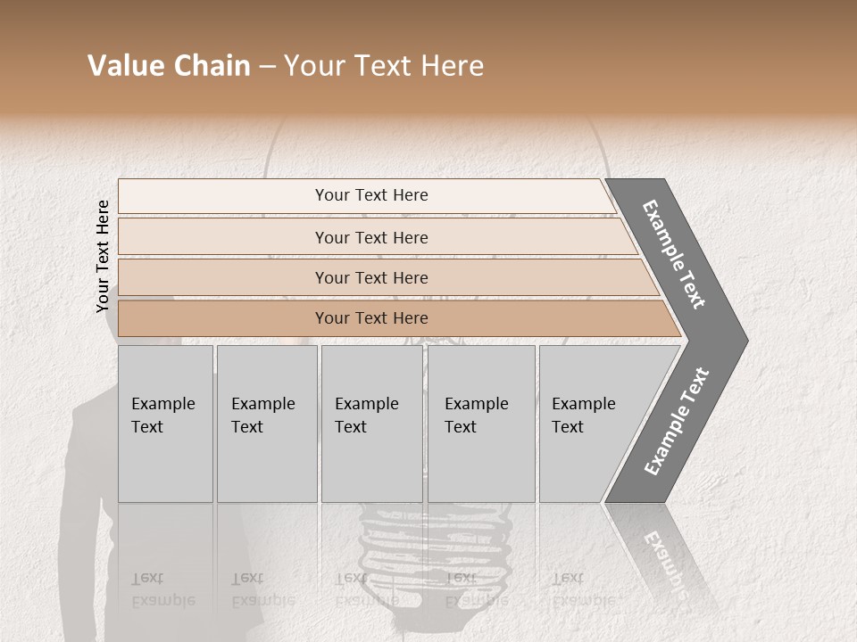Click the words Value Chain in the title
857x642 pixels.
tap(169, 66)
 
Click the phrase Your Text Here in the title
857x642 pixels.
tap(384, 66)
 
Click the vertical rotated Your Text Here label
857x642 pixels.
tap(103, 256)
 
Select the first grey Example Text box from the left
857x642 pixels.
tap(165, 424)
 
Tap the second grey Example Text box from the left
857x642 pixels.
tap(266, 424)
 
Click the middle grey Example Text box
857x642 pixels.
tap(371, 424)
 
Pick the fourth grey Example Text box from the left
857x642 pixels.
tap(480, 424)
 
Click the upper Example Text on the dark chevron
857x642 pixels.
tap(674, 254)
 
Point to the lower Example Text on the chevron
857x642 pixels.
tap(677, 421)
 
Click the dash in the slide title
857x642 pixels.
tap(267, 67)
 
